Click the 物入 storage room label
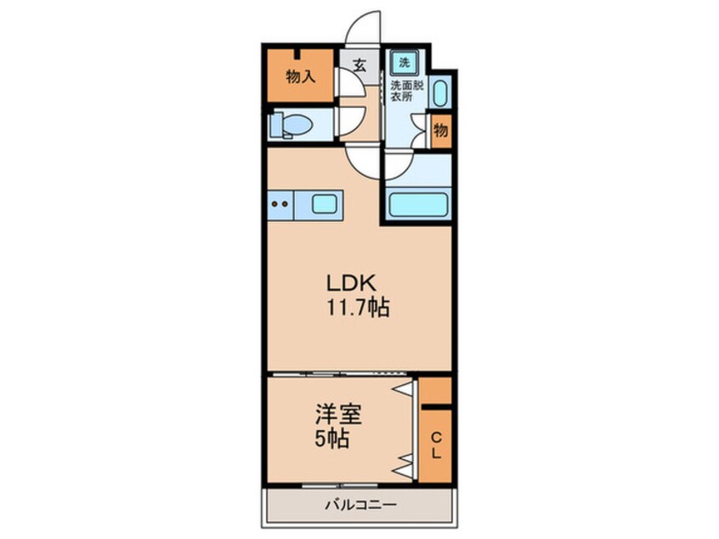pyautogui.click(x=300, y=77)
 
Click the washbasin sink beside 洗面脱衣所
pyautogui.click(x=439, y=92)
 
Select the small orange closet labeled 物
pyautogui.click(x=440, y=132)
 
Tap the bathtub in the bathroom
pyautogui.click(x=417, y=204)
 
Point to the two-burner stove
pyautogui.click(x=279, y=203)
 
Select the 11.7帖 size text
pyautogui.click(x=356, y=308)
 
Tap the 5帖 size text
pyautogui.click(x=333, y=440)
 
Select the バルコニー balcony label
pyautogui.click(x=359, y=505)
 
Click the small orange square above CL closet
pyautogui.click(x=436, y=390)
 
